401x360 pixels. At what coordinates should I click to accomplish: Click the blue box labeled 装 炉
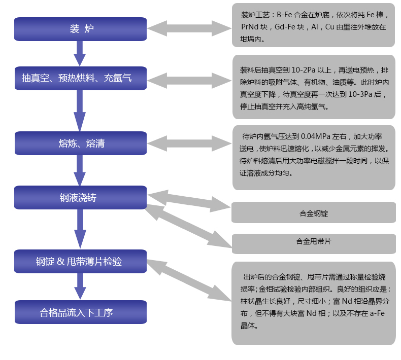(81, 29)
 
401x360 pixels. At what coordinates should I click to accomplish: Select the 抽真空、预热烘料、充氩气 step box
(81, 78)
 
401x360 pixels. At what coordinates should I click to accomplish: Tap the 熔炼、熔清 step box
(81, 143)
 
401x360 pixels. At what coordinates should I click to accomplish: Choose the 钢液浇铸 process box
(81, 197)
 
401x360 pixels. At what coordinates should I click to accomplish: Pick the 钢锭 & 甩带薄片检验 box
(81, 262)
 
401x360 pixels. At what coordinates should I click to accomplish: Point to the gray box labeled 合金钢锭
(313, 213)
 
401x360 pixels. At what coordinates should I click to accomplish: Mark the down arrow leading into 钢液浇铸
(80, 170)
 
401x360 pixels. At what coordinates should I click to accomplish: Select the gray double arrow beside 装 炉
(189, 28)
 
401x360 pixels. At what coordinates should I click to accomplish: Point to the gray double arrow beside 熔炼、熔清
(189, 143)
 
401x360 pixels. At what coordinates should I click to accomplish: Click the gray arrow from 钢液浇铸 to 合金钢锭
(189, 201)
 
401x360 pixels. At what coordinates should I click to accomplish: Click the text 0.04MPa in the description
(316, 136)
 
